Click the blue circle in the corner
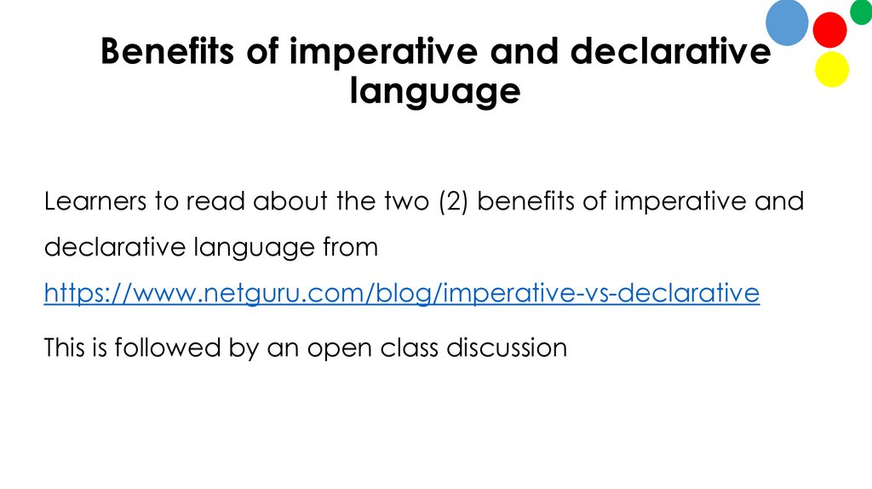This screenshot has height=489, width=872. click(787, 22)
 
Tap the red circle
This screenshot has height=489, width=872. click(829, 30)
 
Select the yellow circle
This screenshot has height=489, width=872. click(832, 69)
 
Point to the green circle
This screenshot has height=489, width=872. click(862, 11)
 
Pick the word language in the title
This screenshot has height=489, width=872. click(435, 89)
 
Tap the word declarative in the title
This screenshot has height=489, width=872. click(670, 52)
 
